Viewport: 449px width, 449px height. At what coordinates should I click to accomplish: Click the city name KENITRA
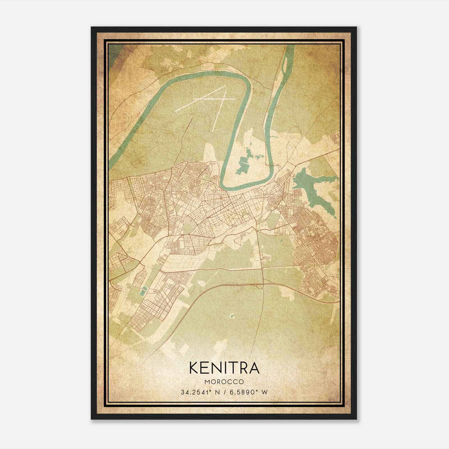(224, 368)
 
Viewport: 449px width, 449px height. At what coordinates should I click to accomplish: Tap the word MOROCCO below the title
(224, 382)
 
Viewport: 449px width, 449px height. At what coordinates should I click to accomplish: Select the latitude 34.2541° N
(200, 392)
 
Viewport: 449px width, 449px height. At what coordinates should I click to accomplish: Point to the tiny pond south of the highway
(232, 316)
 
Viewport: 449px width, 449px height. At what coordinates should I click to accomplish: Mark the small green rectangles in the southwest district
(143, 292)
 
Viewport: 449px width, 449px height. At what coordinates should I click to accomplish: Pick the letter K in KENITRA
(194, 368)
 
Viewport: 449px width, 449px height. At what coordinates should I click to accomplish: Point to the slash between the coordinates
(224, 392)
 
